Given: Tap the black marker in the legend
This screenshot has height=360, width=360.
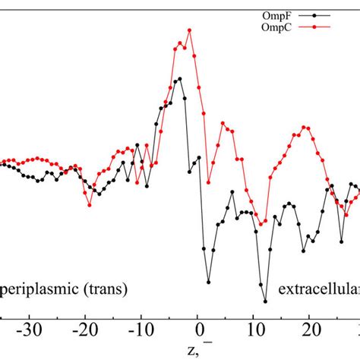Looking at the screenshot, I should tap(326, 14).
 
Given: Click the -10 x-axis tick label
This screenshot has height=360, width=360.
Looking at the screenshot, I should tap(141, 330).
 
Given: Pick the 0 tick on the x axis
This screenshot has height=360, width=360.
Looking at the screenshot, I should tap(200, 330).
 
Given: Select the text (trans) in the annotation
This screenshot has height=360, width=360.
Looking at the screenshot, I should tap(106, 289).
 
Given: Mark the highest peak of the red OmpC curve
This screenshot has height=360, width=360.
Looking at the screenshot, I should tap(189, 30).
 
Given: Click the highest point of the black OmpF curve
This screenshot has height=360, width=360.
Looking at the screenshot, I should tap(179, 77).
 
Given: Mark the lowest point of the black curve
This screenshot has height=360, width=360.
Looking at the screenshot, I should tap(265, 302).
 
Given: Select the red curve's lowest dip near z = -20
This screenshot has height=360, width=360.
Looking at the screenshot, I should tap(90, 205).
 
